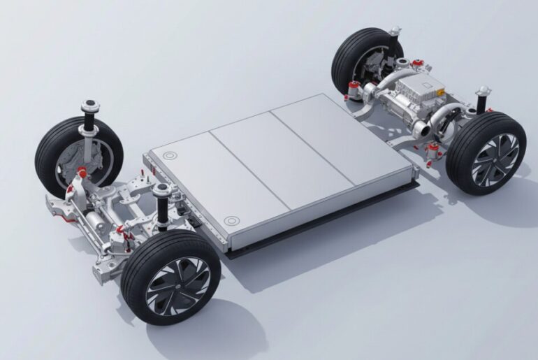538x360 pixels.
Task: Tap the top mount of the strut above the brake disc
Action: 90,106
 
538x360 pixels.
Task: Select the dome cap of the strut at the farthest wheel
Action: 395,31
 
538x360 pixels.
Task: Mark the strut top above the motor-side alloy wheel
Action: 483,90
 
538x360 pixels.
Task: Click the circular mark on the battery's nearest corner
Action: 231,221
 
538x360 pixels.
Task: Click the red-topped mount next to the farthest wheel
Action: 354,86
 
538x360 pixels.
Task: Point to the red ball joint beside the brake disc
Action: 82,173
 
